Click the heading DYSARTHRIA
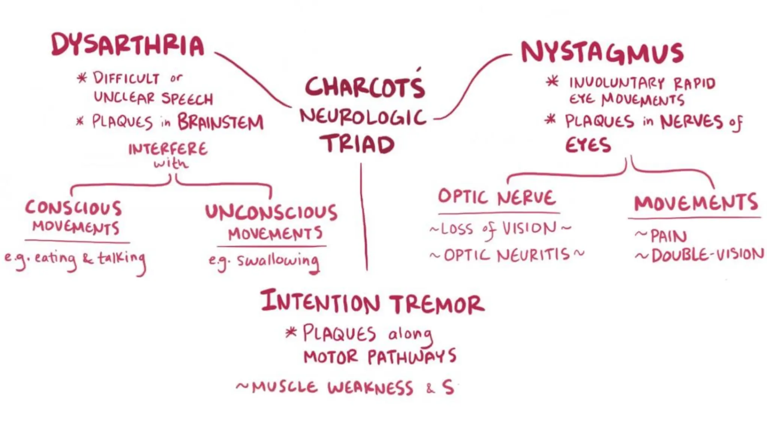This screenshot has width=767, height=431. point(128,45)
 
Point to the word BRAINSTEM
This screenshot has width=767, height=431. point(221,122)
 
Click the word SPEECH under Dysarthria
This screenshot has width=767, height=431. point(187,99)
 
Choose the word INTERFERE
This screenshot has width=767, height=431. point(168,149)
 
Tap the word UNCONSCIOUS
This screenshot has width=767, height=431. point(271,212)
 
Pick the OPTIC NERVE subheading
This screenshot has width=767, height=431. point(497,197)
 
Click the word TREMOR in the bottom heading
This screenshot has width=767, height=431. point(437,304)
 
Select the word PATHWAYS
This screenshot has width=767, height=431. point(412,357)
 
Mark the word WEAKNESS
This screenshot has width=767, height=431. point(370,388)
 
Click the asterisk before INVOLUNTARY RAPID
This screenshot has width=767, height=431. point(552,82)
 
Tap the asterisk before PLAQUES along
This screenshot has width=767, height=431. point(291,332)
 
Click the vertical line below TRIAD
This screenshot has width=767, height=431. point(364,217)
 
